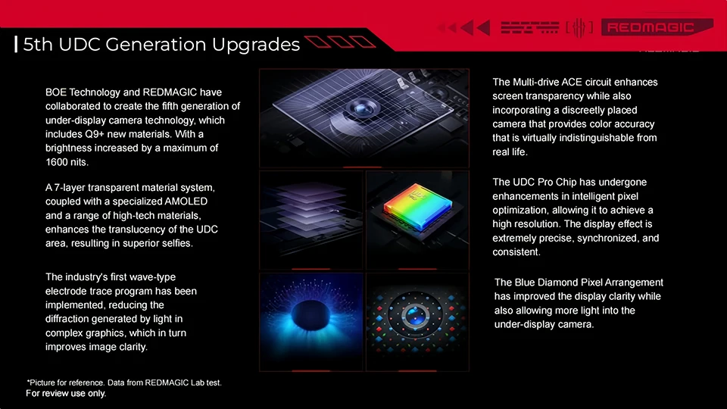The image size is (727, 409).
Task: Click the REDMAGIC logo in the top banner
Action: pos(657,27)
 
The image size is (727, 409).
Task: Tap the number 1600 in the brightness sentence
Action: pos(57,162)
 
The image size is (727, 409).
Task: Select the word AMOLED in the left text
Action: pos(186,201)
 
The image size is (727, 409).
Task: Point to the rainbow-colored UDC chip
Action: pos(417,206)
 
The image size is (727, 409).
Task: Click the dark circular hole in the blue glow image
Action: pos(310,315)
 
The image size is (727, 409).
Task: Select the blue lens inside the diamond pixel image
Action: pos(416,316)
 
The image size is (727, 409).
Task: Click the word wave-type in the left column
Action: pos(154,277)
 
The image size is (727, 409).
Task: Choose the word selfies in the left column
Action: pos(176,243)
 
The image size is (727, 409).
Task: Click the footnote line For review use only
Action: pos(66,393)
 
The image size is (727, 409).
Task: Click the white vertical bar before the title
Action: pos(16,45)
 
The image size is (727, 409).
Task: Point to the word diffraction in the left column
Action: pos(67,319)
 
